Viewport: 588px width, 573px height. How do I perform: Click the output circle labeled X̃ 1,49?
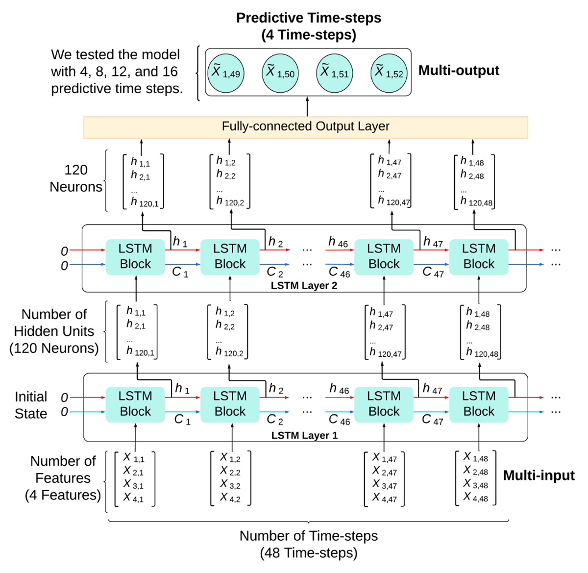[x=226, y=73]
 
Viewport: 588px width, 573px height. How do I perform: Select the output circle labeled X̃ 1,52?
[x=389, y=73]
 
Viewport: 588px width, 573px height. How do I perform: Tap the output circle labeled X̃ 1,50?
[x=280, y=73]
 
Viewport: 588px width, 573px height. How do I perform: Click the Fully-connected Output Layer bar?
[x=305, y=127]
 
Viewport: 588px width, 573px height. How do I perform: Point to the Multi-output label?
[x=459, y=71]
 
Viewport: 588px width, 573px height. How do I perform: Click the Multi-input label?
[x=539, y=475]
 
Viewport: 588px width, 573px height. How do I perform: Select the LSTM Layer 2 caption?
[x=304, y=286]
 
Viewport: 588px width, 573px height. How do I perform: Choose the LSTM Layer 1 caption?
[x=304, y=435]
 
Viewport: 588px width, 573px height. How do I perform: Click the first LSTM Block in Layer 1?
[x=135, y=404]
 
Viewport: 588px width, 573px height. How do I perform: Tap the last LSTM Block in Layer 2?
[x=479, y=256]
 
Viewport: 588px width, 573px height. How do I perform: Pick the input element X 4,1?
[x=133, y=498]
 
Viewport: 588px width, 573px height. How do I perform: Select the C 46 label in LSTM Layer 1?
[x=339, y=420]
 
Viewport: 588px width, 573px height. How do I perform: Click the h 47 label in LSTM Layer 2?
[x=433, y=242]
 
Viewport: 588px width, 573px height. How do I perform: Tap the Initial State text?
[x=31, y=405]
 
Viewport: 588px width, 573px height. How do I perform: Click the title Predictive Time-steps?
[x=308, y=18]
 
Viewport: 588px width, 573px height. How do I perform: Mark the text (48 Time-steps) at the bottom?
[x=308, y=553]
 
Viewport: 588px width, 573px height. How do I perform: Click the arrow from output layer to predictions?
[x=307, y=106]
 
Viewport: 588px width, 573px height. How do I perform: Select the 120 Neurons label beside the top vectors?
[x=76, y=178]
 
